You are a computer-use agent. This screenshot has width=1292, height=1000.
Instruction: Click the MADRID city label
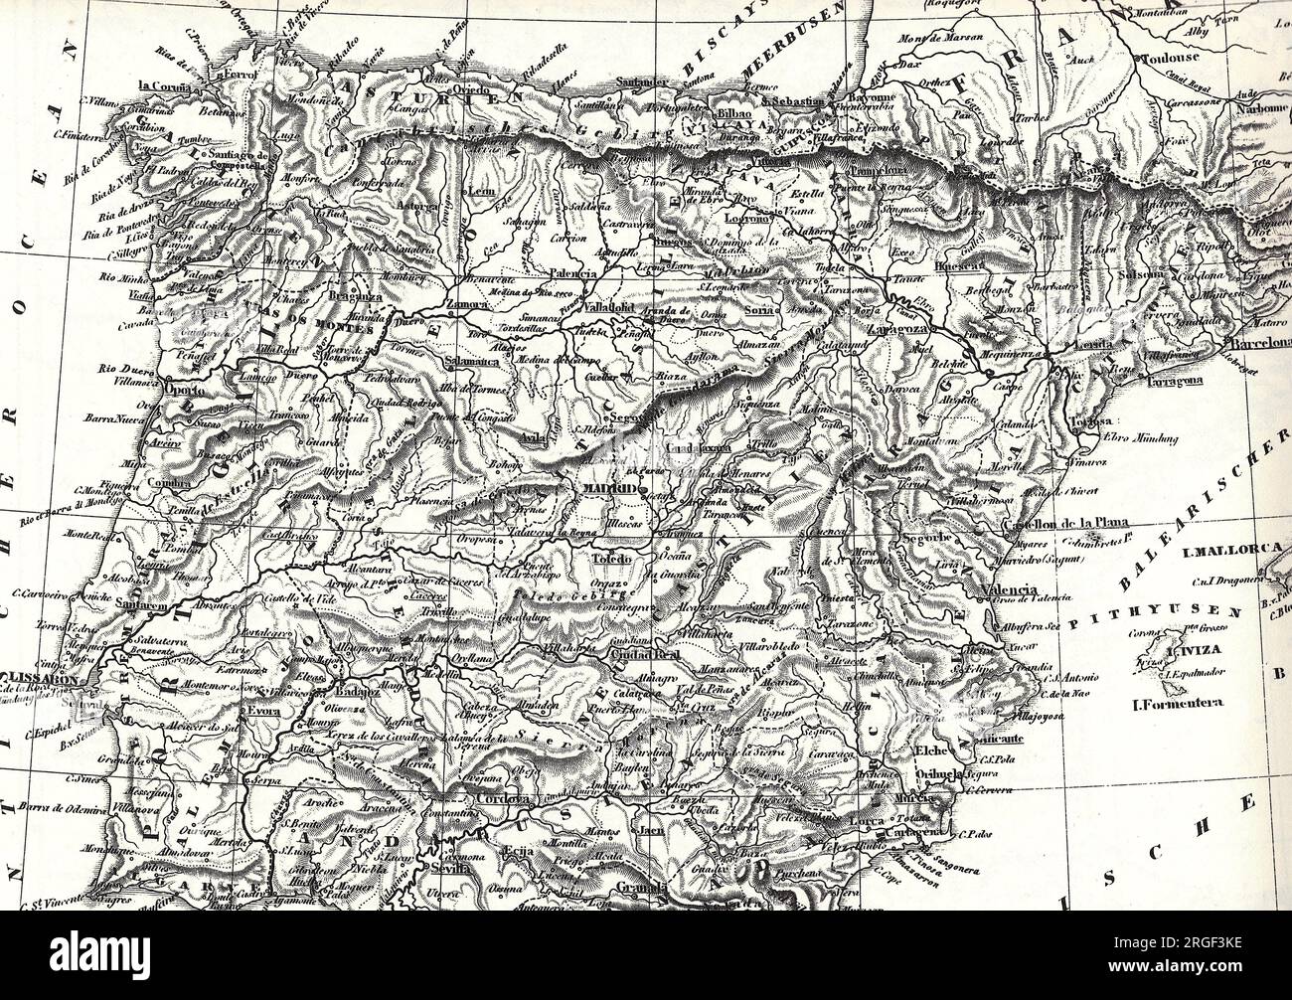tap(610, 489)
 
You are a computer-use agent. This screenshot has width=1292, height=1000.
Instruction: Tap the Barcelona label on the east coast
tap(1258, 343)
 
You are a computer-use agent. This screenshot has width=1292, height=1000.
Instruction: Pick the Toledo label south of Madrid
tap(613, 560)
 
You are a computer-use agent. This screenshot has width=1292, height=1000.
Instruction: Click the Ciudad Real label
tap(648, 657)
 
